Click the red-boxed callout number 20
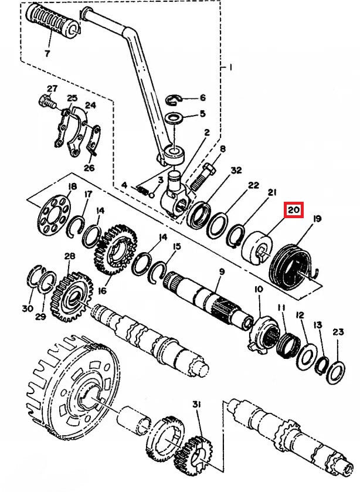pyautogui.click(x=294, y=210)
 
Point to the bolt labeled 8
pyautogui.click(x=202, y=177)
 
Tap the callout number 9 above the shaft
pyautogui.click(x=222, y=272)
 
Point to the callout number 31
pyautogui.click(x=196, y=405)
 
